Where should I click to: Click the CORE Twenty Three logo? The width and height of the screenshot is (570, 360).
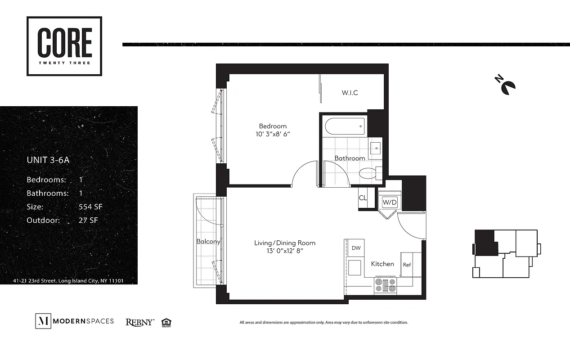(x=64, y=46)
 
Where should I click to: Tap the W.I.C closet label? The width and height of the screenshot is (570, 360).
(x=350, y=93)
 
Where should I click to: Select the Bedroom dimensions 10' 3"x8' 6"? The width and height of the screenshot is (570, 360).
(x=273, y=134)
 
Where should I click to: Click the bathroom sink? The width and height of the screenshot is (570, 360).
(x=375, y=147)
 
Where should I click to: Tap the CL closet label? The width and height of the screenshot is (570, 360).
(x=363, y=198)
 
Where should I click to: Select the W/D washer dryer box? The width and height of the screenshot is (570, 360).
(x=390, y=202)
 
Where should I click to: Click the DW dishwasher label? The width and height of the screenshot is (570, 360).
(x=355, y=248)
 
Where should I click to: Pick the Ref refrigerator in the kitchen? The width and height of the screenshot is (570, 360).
(x=407, y=265)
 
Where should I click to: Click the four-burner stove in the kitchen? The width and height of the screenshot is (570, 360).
(x=385, y=285)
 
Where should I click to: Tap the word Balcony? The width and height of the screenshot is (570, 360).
(x=208, y=242)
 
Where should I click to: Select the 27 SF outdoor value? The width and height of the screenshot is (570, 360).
(x=88, y=220)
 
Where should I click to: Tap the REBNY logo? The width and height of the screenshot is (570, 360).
(x=139, y=322)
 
